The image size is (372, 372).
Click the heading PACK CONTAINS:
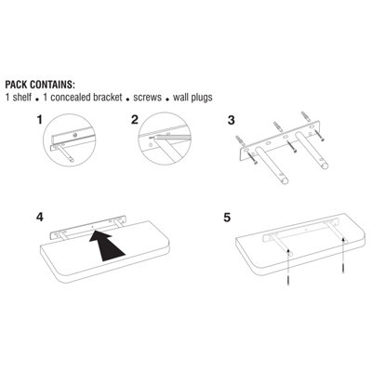(x=40, y=85)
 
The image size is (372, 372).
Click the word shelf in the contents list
(x=22, y=98)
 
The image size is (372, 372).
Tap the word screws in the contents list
(x=147, y=98)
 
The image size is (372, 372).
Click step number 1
(x=39, y=119)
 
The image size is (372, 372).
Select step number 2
(x=134, y=119)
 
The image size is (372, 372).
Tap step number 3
(x=232, y=120)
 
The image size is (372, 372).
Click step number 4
(x=40, y=217)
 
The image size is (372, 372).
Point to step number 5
(x=227, y=218)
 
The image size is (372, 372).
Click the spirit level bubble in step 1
(x=74, y=135)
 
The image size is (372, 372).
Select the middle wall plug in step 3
(x=276, y=127)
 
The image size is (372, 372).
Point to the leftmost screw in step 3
(x=252, y=158)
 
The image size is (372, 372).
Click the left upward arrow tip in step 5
(x=288, y=249)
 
